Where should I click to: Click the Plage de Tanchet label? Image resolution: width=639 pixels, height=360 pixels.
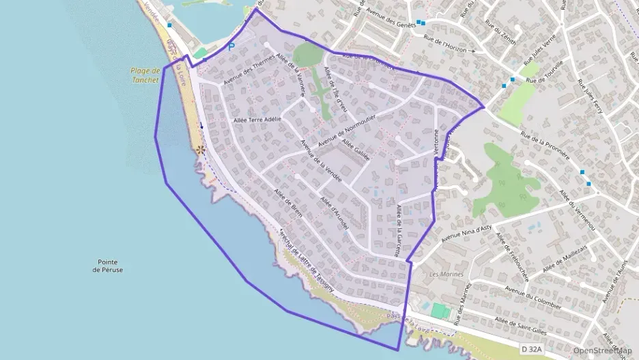[x=145, y=74]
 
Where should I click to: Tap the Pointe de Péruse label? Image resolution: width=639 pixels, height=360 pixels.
[x=110, y=266]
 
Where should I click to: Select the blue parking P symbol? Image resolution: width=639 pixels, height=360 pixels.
[x=231, y=47]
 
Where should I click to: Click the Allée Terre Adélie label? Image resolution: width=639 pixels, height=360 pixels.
[x=257, y=118]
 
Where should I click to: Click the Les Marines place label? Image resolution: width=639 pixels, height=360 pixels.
[x=447, y=274]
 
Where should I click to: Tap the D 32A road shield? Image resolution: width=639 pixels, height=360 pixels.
[x=532, y=349]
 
